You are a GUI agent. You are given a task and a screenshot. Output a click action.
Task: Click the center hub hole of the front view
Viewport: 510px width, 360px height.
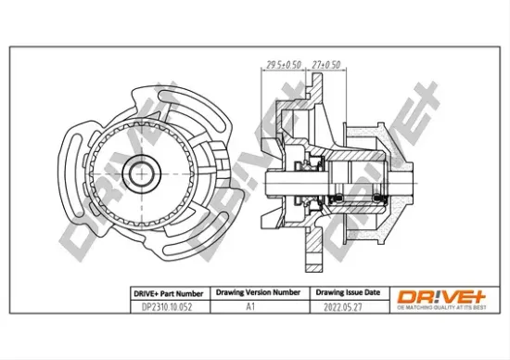[142, 173]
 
